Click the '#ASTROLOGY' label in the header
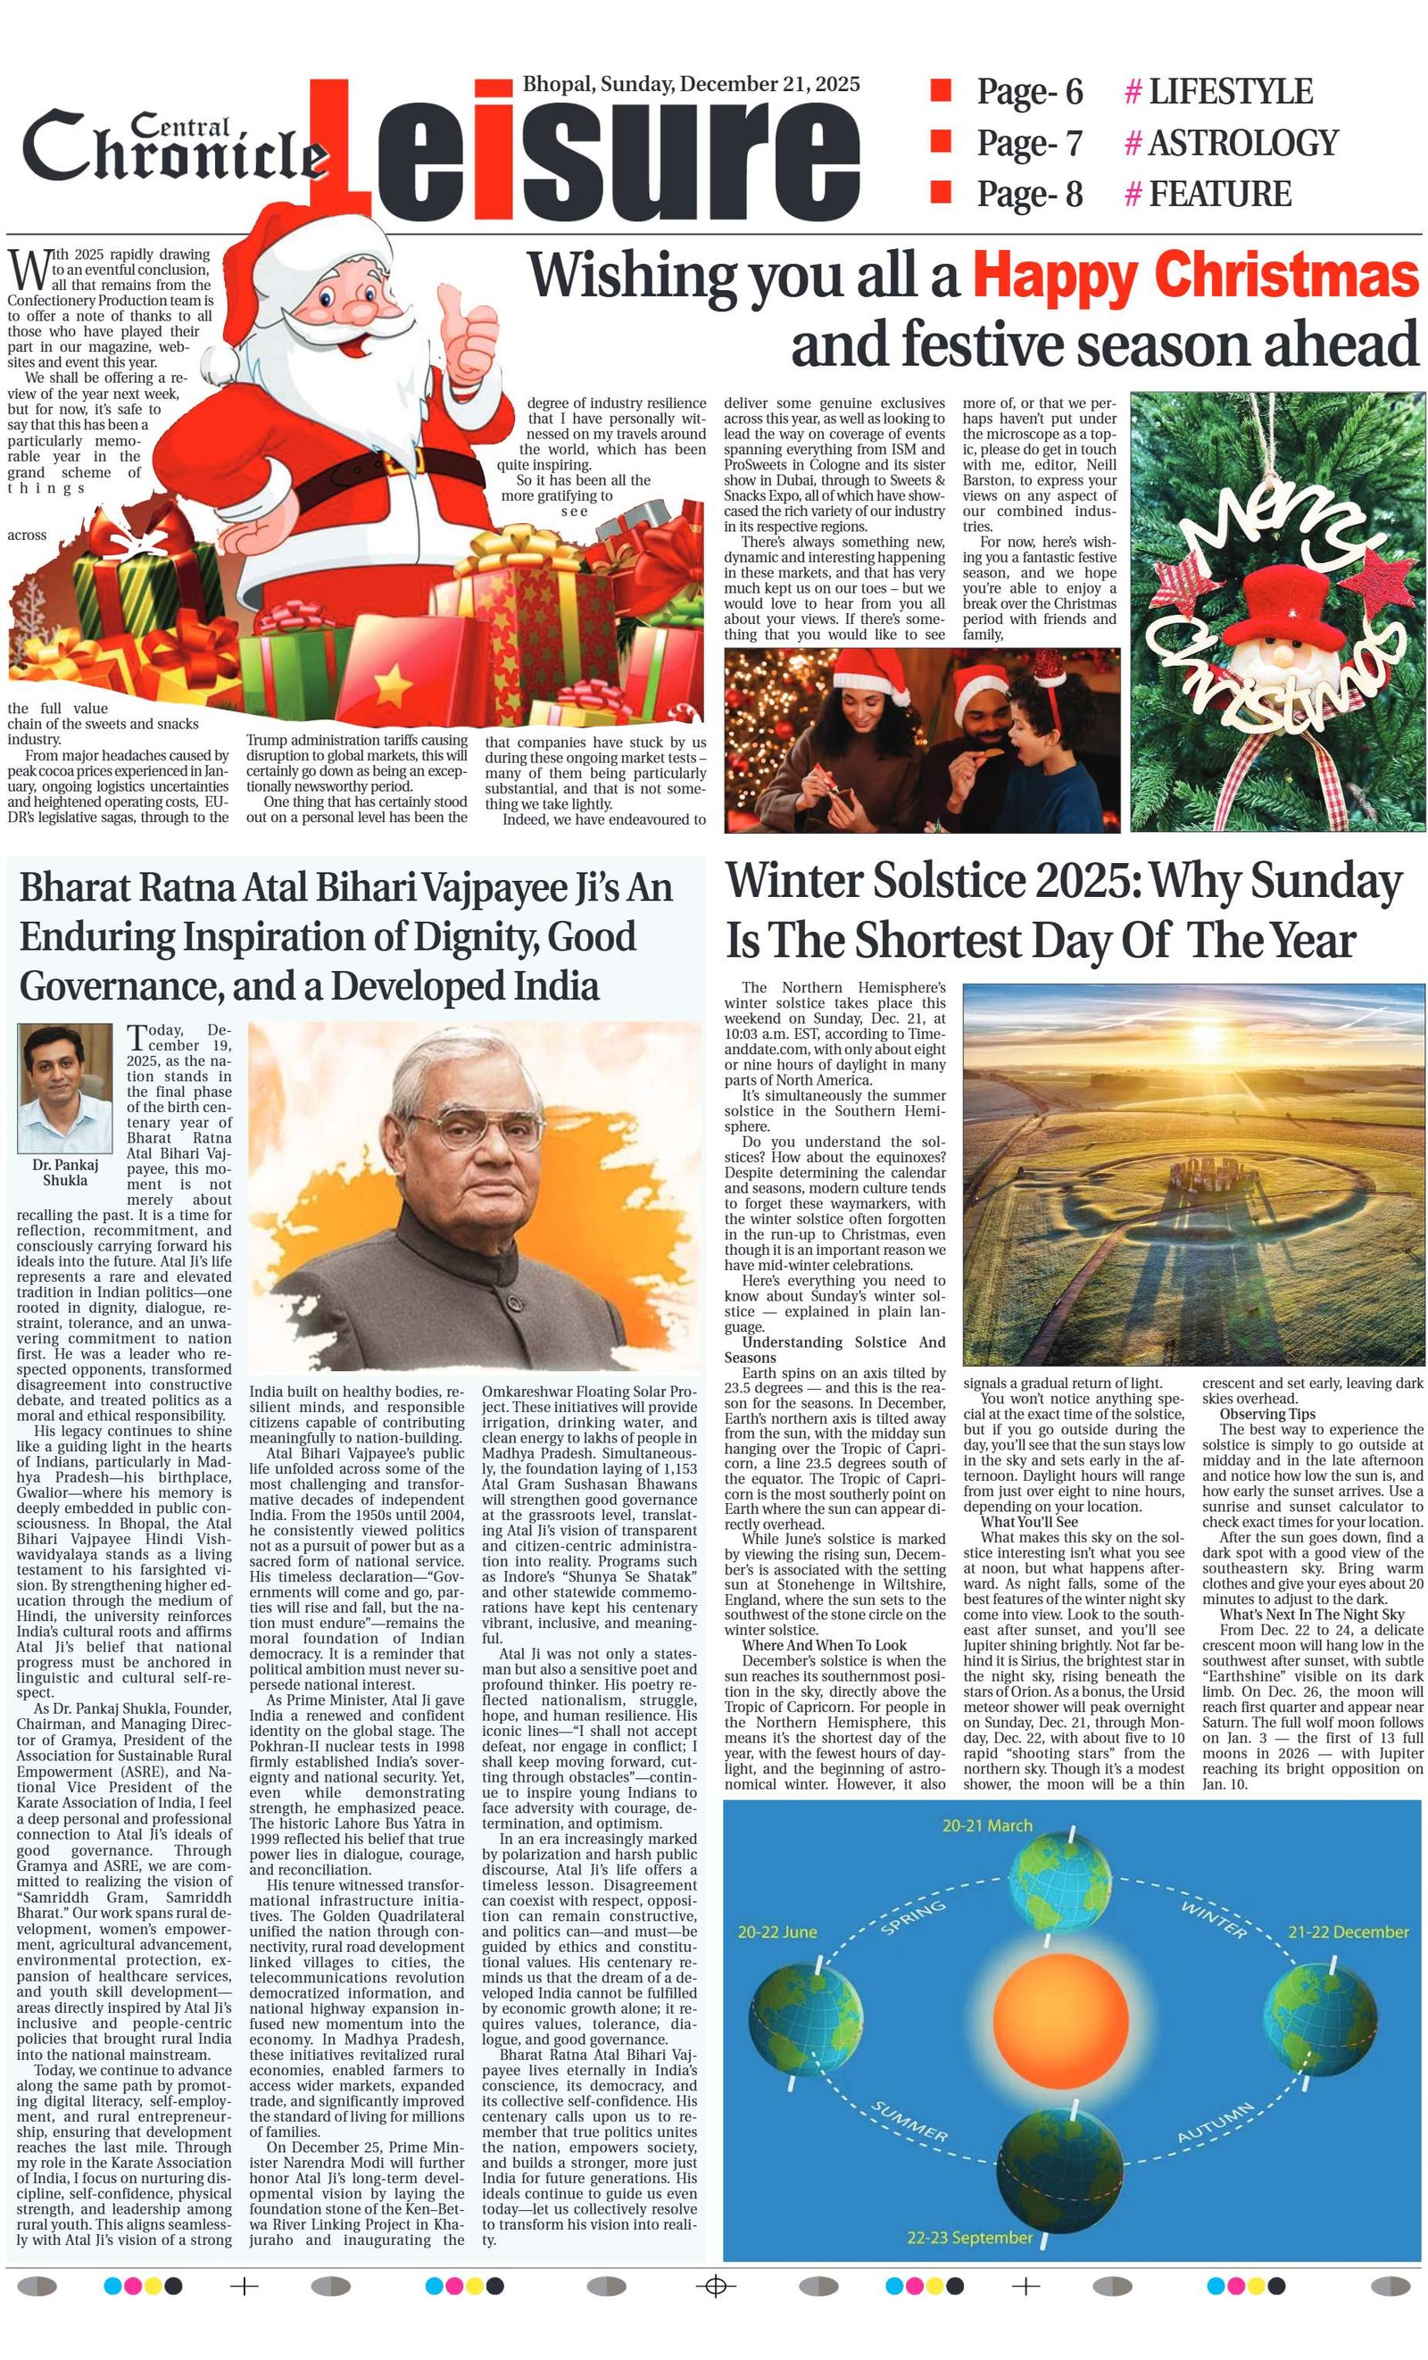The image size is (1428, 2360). (1231, 143)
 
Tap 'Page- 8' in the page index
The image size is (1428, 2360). (1029, 195)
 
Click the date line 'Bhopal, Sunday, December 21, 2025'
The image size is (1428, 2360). (691, 84)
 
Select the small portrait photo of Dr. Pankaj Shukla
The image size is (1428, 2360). (64, 1088)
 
